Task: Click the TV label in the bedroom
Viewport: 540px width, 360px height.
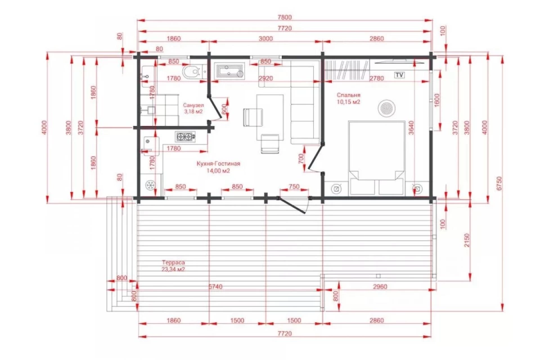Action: pos(399,75)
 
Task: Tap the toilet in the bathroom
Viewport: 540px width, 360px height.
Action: pos(191,72)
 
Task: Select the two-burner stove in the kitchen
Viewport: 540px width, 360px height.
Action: pos(186,137)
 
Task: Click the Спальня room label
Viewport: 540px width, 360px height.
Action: pos(349,95)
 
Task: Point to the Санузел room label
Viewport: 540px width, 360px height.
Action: pos(193,105)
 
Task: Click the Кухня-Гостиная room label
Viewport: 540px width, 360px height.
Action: pos(218,164)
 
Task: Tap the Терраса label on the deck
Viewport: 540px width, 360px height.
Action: pos(173,263)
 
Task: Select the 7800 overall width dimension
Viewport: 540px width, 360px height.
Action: pos(285,17)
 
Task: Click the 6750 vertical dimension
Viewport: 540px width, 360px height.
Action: pos(499,183)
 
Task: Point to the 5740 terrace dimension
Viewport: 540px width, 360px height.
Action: pos(215,287)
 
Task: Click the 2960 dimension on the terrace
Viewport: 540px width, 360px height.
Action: pos(380,287)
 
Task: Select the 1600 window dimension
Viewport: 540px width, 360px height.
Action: pos(437,101)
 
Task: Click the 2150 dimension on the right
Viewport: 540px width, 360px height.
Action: pos(467,240)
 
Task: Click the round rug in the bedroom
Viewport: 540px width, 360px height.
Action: pos(386,108)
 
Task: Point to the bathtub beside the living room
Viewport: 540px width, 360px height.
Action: pos(229,71)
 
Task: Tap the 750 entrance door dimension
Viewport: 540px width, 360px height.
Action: pos(294,186)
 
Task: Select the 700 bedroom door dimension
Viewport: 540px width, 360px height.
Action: pos(301,159)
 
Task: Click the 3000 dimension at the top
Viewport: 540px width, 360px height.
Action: pos(265,39)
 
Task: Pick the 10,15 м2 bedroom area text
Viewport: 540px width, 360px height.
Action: pos(349,102)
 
